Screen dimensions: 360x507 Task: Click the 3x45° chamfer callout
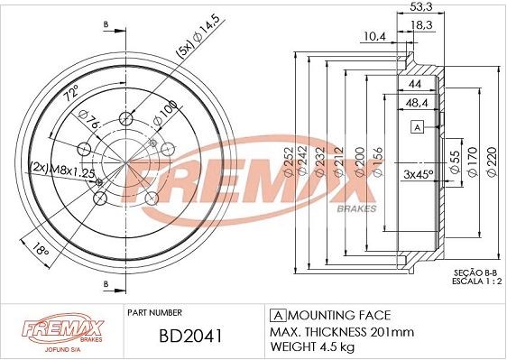[x=418, y=172]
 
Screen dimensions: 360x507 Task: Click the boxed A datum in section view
[x=418, y=127]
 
